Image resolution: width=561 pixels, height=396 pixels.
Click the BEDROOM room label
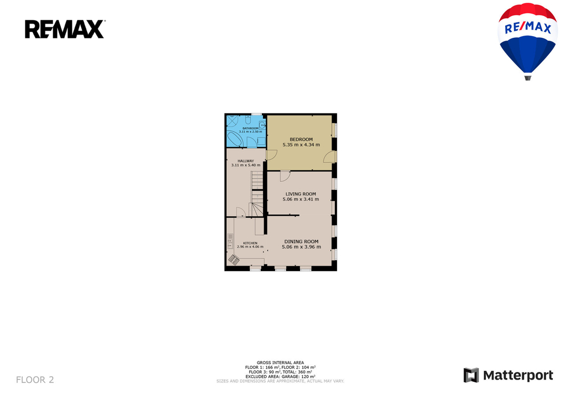301,140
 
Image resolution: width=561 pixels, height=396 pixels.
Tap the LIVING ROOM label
301,194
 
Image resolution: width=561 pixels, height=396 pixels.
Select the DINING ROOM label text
301,242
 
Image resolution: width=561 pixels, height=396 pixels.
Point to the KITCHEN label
250,243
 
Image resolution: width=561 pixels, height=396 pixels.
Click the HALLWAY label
246,161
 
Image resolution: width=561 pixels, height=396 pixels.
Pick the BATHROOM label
250,128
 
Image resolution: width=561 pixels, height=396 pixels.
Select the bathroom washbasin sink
262,125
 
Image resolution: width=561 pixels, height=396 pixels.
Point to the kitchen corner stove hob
233,260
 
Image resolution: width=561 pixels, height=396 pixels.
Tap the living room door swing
285,176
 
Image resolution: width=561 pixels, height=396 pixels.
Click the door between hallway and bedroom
272,154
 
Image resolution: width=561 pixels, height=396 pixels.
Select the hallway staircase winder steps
255,210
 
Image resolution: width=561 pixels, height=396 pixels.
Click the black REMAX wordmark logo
65,29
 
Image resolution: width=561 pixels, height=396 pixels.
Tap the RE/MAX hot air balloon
528,41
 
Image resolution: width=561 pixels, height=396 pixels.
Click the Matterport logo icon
471,375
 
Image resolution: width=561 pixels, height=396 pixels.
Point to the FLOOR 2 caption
35,380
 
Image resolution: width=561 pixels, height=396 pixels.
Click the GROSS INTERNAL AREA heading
280,363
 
